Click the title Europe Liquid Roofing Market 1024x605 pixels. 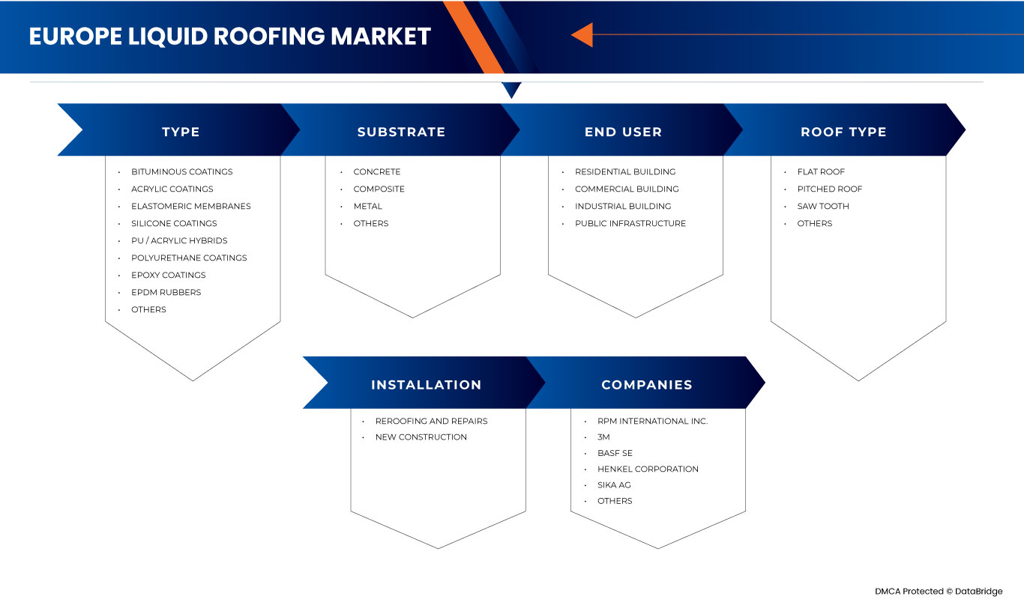tap(229, 37)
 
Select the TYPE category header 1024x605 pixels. tap(181, 132)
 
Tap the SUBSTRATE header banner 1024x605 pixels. tap(401, 132)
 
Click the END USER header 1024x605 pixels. tap(623, 132)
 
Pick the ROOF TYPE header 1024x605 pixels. tap(843, 132)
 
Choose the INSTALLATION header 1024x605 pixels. tap(426, 385)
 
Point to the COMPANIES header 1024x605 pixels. tap(646, 385)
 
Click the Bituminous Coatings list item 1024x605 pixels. tap(181, 171)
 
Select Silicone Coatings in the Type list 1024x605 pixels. tap(174, 223)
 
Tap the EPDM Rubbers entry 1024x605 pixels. tap(166, 292)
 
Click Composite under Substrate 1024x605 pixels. tap(379, 189)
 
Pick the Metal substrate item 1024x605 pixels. tap(367, 206)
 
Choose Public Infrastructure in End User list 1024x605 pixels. tap(630, 223)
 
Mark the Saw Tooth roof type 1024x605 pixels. tap(823, 206)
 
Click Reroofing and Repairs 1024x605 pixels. tap(431, 421)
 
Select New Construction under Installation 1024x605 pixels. tap(421, 437)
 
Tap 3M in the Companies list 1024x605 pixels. tap(603, 437)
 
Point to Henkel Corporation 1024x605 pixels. tap(648, 469)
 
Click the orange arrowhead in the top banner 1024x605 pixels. tap(582, 34)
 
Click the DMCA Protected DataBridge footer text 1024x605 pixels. tap(938, 592)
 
